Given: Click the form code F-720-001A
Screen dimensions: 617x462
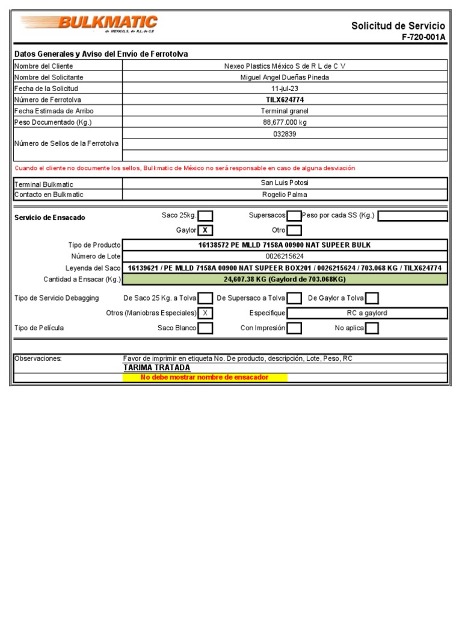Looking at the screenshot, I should (423, 37).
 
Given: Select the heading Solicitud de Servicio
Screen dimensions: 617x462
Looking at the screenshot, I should (398, 26).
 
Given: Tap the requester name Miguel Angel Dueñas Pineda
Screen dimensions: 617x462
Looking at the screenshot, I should (285, 77).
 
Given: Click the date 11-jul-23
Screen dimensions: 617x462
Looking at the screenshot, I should (285, 89).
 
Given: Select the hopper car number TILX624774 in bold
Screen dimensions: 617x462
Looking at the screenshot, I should (285, 100).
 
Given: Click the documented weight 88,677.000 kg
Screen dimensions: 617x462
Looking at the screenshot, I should (285, 122).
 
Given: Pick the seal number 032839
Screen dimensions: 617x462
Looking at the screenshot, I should (285, 134).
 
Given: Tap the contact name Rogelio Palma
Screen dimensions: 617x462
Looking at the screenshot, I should (285, 195).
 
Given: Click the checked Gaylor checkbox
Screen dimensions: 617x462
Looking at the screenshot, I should (206, 230).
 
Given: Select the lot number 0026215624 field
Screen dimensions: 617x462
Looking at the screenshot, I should (285, 256).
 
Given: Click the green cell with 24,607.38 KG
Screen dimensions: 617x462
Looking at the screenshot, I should (285, 279).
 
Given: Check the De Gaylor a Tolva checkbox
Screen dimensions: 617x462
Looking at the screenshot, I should (372, 298).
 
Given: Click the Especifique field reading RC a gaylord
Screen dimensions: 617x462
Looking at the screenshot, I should (367, 313).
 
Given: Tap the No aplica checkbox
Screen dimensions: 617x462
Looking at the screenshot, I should (372, 328).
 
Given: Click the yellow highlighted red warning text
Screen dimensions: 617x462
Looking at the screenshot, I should (205, 378).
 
